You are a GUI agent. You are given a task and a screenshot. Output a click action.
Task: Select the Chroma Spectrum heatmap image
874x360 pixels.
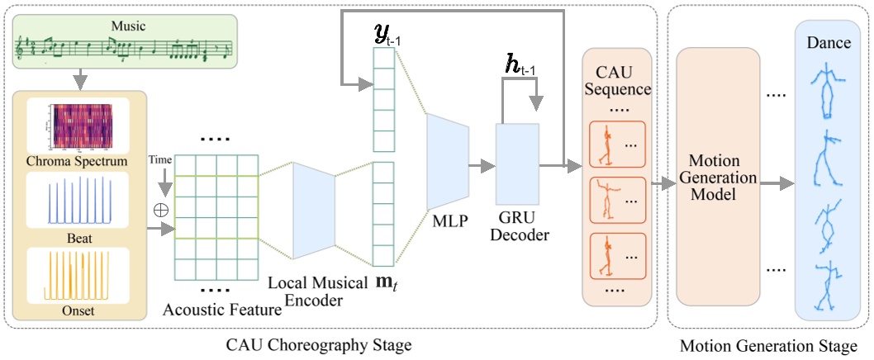[80, 127]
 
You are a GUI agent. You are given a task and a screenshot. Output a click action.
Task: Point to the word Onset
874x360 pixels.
[80, 311]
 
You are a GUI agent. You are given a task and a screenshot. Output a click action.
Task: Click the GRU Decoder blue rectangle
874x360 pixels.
[517, 163]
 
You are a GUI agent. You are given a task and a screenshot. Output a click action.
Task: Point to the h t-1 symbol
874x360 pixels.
[520, 64]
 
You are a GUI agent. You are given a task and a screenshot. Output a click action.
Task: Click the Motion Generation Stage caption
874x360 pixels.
[768, 343]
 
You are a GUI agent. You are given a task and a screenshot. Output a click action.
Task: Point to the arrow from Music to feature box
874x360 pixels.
[79, 79]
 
